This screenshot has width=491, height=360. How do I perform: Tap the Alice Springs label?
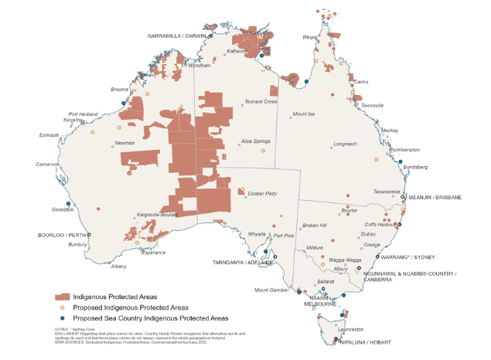pyautogui.click(x=256, y=141)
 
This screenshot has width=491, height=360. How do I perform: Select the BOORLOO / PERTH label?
pyautogui.click(x=61, y=234)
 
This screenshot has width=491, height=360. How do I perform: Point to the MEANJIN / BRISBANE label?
pyautogui.click(x=435, y=198)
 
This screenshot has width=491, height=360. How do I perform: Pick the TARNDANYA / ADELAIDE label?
pyautogui.click(x=244, y=263)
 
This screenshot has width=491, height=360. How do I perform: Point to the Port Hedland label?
pyautogui.click(x=83, y=114)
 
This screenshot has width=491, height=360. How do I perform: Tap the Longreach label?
pyautogui.click(x=345, y=144)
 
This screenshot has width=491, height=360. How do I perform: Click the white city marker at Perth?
pyautogui.click(x=89, y=234)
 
